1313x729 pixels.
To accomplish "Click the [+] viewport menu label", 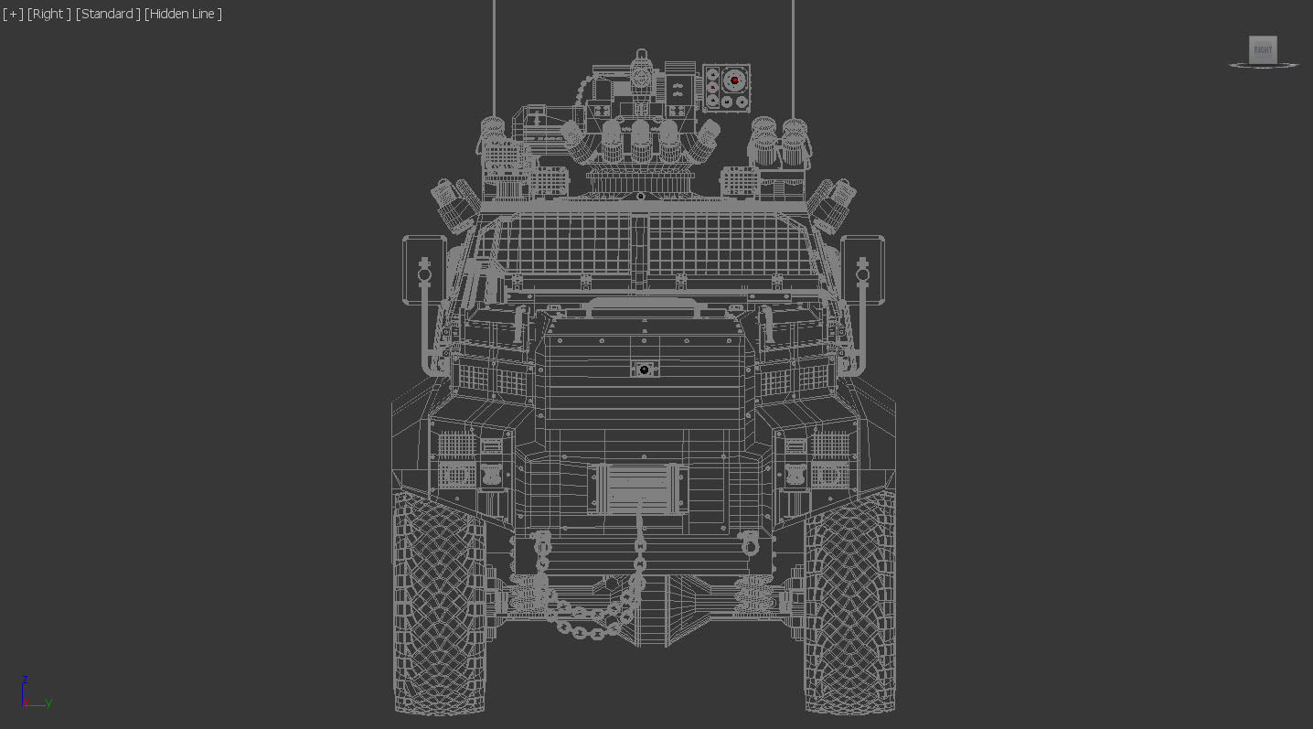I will click(x=13, y=14).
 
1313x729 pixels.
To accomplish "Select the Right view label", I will click(x=49, y=14).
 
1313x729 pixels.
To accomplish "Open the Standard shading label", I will click(x=108, y=14).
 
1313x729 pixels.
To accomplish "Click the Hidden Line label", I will click(x=183, y=14).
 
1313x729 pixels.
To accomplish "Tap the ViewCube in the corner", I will click(x=1263, y=50).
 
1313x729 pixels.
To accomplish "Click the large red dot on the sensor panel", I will click(x=734, y=80).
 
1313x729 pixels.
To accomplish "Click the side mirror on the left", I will click(x=424, y=269).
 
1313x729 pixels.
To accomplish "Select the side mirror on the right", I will click(x=862, y=269).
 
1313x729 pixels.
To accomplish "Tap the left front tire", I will click(x=439, y=604).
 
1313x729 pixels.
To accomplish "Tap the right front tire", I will click(x=849, y=604).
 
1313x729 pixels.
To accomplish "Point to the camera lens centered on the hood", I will click(x=644, y=370).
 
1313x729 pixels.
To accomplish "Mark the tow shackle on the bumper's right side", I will click(x=750, y=545).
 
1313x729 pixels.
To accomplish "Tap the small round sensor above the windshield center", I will click(x=641, y=197).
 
